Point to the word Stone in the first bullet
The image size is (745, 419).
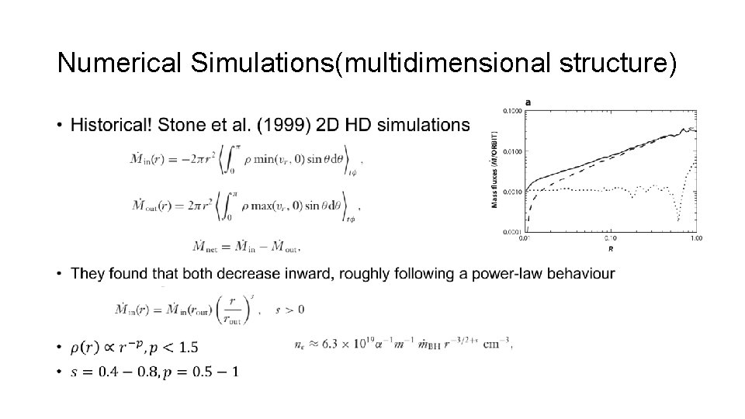(x=180, y=125)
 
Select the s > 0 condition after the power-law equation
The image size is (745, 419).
(x=290, y=309)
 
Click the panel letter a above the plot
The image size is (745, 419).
(x=528, y=102)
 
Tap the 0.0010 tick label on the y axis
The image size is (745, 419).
(x=513, y=192)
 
